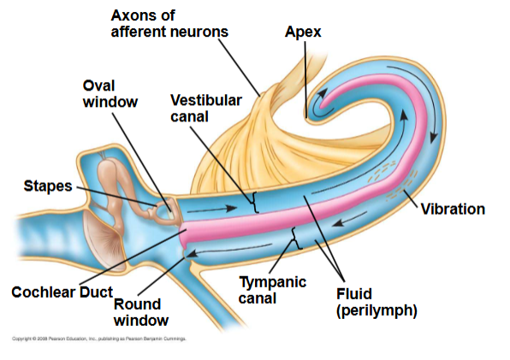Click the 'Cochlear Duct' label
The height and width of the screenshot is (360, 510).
pyautogui.click(x=62, y=292)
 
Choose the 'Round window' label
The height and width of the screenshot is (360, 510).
pyautogui.click(x=140, y=312)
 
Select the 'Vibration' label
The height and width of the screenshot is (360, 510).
pyautogui.click(x=453, y=210)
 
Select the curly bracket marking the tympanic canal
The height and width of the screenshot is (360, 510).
pyautogui.click(x=295, y=233)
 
